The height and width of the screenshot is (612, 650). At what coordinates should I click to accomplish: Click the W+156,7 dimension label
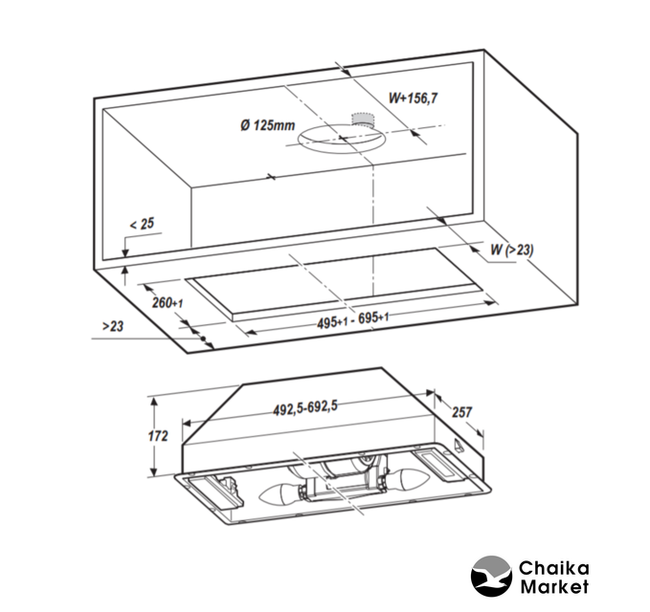click(x=413, y=98)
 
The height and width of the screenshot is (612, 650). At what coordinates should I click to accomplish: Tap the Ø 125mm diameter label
click(x=267, y=124)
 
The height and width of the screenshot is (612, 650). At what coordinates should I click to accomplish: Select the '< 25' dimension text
click(x=142, y=224)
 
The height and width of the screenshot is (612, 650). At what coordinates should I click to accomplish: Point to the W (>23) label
click(x=512, y=250)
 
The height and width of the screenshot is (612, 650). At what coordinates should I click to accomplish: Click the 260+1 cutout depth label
click(x=168, y=303)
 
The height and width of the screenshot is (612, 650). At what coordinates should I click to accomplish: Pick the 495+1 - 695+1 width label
click(x=353, y=320)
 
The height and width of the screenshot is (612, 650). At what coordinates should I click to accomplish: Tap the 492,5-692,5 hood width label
click(x=305, y=407)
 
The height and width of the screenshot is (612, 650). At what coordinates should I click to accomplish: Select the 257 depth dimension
click(x=461, y=412)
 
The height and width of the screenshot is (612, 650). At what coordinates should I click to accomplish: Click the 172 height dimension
click(x=158, y=436)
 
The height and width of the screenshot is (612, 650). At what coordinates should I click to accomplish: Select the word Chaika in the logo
click(x=554, y=568)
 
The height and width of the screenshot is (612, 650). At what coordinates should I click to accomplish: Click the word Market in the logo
click(x=554, y=587)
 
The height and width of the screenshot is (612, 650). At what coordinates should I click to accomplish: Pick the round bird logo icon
click(x=491, y=577)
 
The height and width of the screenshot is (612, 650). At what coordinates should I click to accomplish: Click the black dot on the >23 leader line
click(x=203, y=339)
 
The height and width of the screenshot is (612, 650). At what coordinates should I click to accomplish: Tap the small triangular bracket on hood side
click(x=458, y=445)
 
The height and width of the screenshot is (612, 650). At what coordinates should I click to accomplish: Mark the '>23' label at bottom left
click(x=113, y=326)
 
